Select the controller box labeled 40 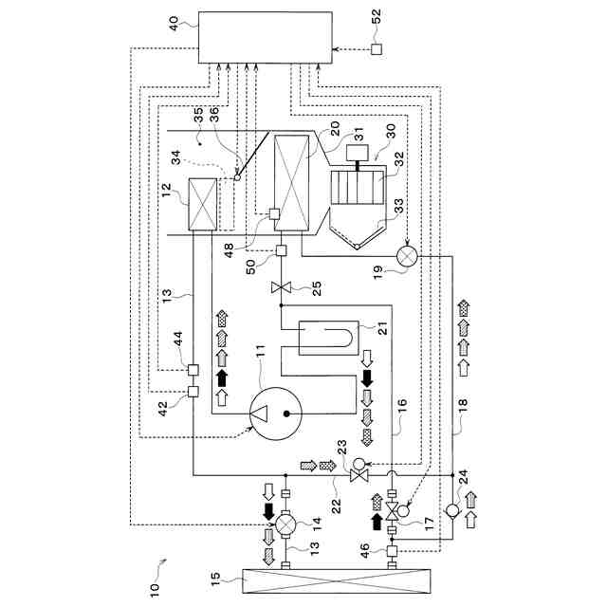point(265,38)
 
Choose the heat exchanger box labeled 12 point(202,204)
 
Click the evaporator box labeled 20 point(291,183)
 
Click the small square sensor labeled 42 point(193,392)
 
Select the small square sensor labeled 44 point(193,369)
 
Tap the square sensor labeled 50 point(282,251)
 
